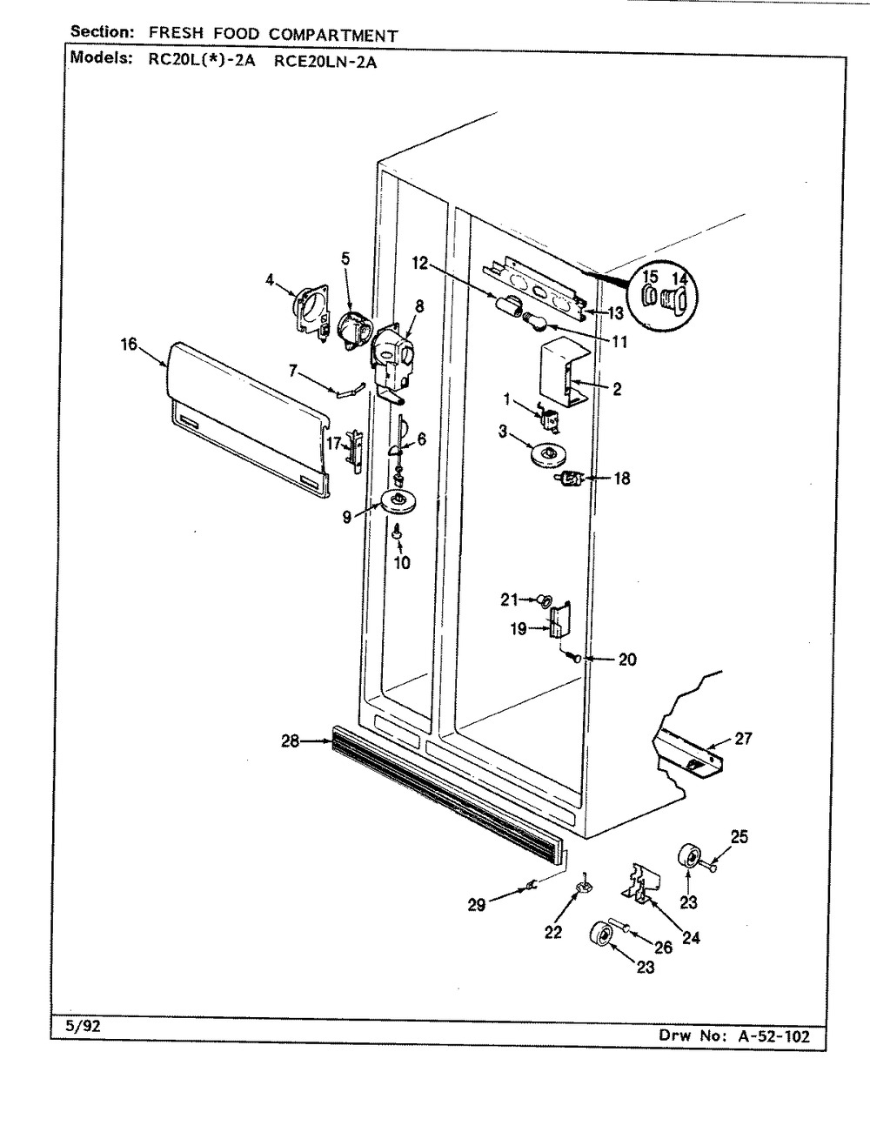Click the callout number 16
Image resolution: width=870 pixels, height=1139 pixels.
tap(129, 344)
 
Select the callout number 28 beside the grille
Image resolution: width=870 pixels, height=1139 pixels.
tap(290, 741)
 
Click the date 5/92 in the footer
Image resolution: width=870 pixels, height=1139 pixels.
tap(84, 1026)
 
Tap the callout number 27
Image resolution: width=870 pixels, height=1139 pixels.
tap(742, 740)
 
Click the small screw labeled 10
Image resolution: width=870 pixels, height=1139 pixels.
tap(397, 533)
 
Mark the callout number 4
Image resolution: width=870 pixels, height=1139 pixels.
tap(270, 280)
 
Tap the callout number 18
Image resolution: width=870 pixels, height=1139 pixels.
tap(621, 478)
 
